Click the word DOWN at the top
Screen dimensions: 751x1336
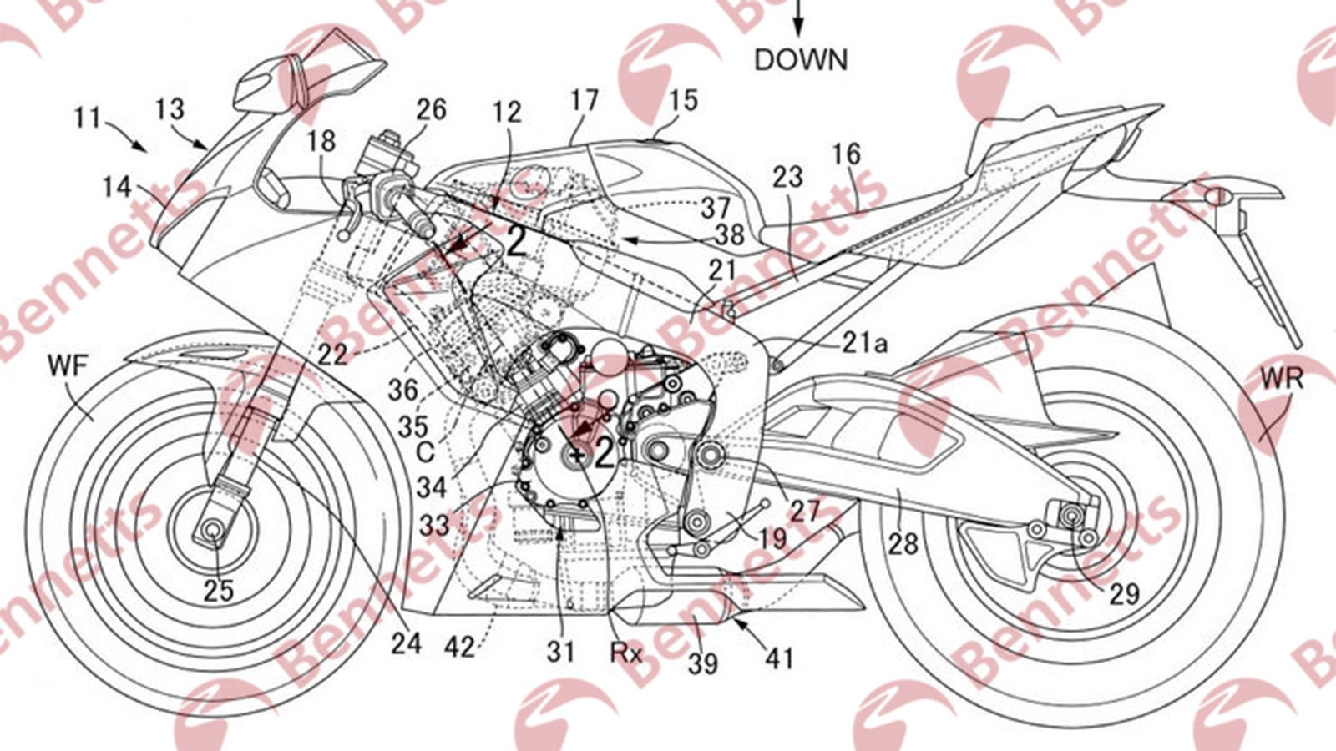click(x=801, y=60)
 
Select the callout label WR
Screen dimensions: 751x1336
click(x=1282, y=378)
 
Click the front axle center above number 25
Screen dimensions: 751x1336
click(x=210, y=528)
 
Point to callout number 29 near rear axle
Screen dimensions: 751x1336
click(x=1124, y=593)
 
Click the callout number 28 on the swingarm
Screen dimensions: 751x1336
click(x=903, y=544)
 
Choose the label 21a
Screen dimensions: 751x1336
click(x=863, y=342)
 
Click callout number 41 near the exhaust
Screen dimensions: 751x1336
click(x=780, y=658)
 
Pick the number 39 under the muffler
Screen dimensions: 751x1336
click(x=703, y=663)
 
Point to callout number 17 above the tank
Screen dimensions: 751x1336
click(x=584, y=100)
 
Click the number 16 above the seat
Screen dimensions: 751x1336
click(x=846, y=154)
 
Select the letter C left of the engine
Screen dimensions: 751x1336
click(x=425, y=451)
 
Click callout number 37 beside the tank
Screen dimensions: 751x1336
click(x=716, y=206)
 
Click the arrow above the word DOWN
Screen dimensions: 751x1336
click(x=797, y=17)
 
